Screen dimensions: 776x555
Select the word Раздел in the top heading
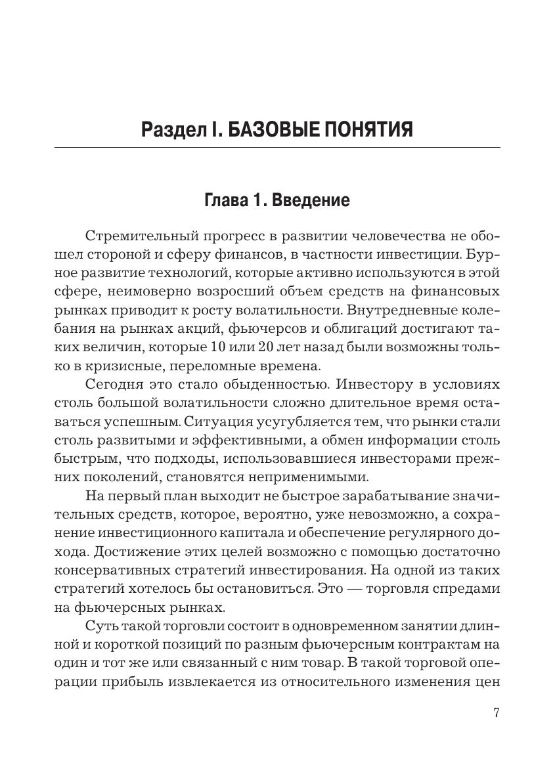click(x=172, y=130)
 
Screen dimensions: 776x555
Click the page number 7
click(x=496, y=714)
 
